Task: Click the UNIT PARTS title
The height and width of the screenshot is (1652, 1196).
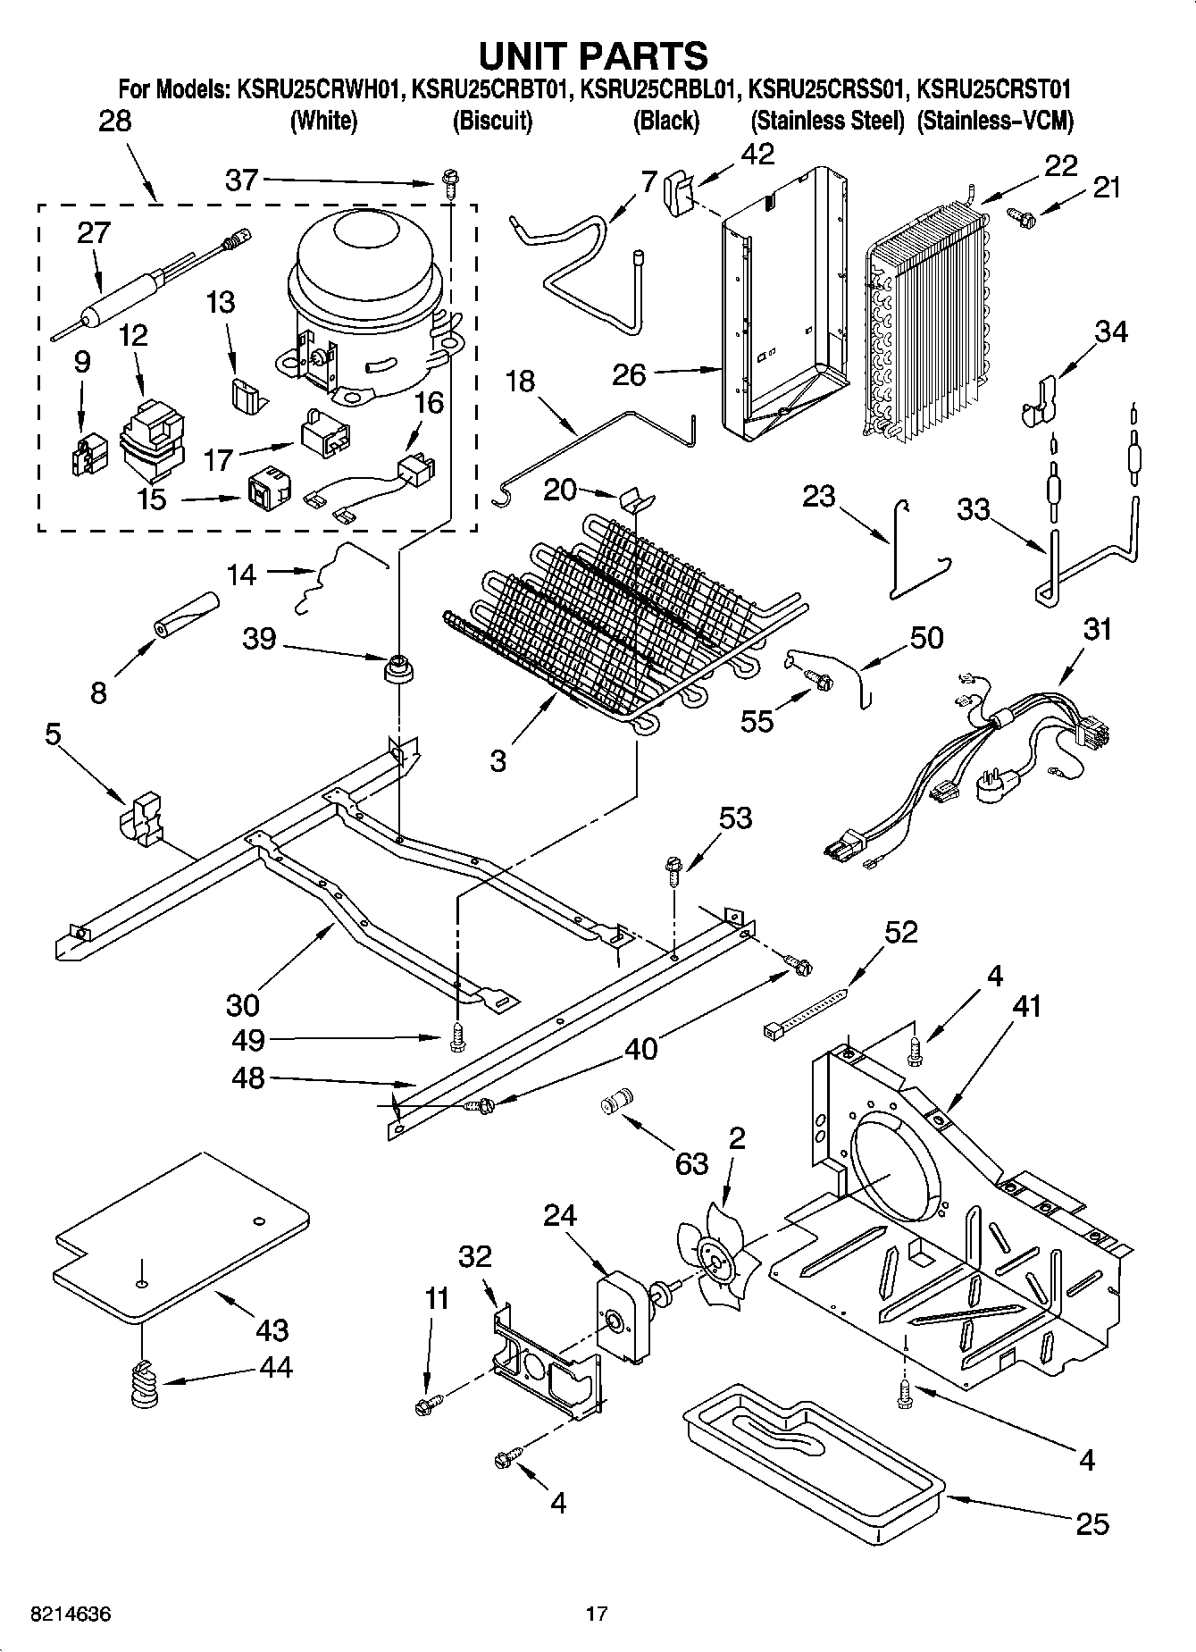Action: tap(593, 55)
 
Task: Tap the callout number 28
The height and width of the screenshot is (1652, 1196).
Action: tap(114, 121)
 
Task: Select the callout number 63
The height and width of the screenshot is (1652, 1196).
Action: tap(691, 1162)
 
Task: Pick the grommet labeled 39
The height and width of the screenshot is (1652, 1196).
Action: tap(396, 667)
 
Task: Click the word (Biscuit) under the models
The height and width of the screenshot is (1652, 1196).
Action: tap(492, 121)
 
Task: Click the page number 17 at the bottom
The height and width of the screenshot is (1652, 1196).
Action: tap(597, 1614)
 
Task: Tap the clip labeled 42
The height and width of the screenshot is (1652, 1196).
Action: tap(679, 191)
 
